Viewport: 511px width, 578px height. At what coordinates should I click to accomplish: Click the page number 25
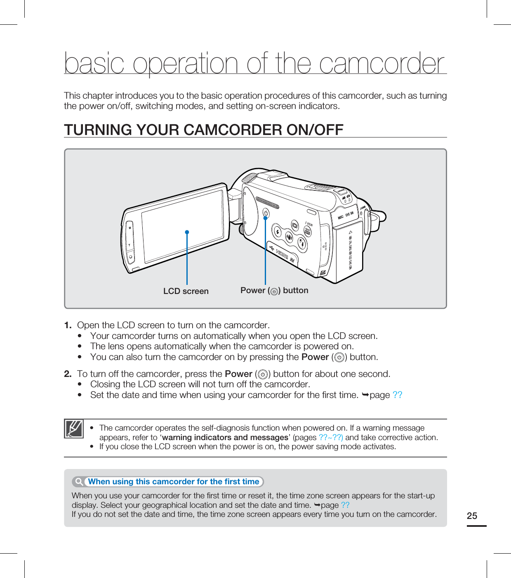pyautogui.click(x=472, y=516)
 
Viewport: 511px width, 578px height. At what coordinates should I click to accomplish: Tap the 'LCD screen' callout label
pyautogui.click(x=186, y=291)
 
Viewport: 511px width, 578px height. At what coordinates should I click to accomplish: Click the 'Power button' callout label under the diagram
pyautogui.click(x=274, y=291)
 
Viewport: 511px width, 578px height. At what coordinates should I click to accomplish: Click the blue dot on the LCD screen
pyautogui.click(x=187, y=232)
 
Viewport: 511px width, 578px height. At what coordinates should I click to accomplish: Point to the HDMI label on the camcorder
pyautogui.click(x=283, y=255)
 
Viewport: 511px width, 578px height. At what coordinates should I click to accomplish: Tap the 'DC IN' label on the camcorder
pyautogui.click(x=349, y=215)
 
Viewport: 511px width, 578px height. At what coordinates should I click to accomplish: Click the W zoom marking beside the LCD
pyautogui.click(x=130, y=228)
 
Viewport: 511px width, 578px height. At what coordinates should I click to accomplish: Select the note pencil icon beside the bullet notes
pyautogui.click(x=74, y=429)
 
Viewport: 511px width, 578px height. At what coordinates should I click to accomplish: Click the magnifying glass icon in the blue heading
pyautogui.click(x=79, y=481)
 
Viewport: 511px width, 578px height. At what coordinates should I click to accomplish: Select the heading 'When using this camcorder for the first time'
pyautogui.click(x=174, y=481)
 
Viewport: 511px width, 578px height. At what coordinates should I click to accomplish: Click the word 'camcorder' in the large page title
pyautogui.click(x=382, y=64)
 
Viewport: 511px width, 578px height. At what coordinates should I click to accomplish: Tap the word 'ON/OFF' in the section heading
pyautogui.click(x=315, y=130)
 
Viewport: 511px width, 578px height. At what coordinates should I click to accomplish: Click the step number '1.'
pyautogui.click(x=68, y=325)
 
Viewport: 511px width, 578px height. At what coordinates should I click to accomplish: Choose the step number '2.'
pyautogui.click(x=68, y=374)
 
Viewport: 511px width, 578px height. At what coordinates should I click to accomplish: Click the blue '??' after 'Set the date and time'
pyautogui.click(x=397, y=395)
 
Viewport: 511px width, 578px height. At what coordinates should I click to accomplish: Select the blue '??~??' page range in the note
pyautogui.click(x=331, y=437)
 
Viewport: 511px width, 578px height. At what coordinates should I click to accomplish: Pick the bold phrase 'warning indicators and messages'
pyautogui.click(x=225, y=437)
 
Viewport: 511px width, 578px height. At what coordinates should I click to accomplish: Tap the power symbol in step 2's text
pyautogui.click(x=262, y=374)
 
